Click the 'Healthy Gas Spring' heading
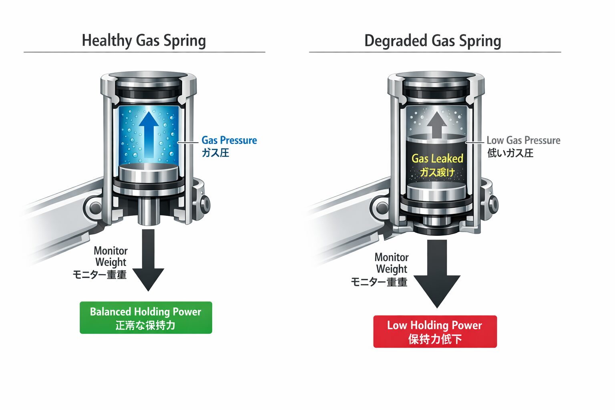pyautogui.click(x=144, y=41)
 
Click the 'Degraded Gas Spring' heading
pyautogui.click(x=432, y=41)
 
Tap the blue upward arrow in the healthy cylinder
pyautogui.click(x=149, y=134)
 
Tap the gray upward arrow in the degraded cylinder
pyautogui.click(x=436, y=124)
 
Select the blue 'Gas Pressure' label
pyautogui.click(x=229, y=140)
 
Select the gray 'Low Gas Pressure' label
pyautogui.click(x=523, y=140)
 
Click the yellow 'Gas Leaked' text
pyautogui.click(x=437, y=159)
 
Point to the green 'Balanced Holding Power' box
pyautogui.click(x=146, y=318)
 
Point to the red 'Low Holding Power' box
pyautogui.click(x=435, y=332)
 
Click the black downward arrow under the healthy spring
pyautogui.click(x=149, y=260)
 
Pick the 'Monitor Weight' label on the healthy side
pyautogui.click(x=111, y=256)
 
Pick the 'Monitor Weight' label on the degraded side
pyautogui.click(x=392, y=263)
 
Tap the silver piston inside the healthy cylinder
pyautogui.click(x=149, y=173)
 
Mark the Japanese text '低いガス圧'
pyautogui.click(x=510, y=153)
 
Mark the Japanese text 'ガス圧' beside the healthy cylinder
pyautogui.click(x=215, y=153)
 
